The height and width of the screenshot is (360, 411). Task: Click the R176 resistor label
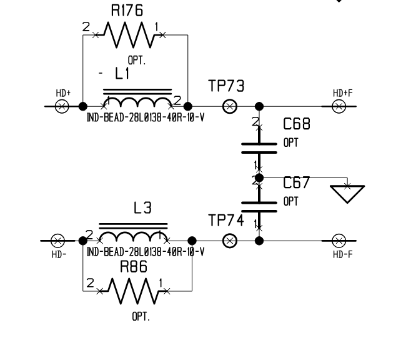coord(127,10)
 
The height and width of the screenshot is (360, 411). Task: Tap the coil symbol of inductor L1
coord(137,102)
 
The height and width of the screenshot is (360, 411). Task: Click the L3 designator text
coord(143,209)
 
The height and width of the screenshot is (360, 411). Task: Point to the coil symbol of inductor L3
coord(133,236)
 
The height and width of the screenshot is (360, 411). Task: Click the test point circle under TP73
coord(230,106)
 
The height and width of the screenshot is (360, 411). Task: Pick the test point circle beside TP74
coord(230,241)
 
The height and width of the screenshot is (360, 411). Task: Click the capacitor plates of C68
coord(259,147)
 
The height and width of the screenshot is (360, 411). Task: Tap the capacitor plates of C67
coord(259,206)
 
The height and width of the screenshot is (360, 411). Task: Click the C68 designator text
coord(297,124)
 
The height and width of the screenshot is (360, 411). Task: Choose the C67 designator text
coord(297,183)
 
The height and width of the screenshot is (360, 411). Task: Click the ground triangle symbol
coord(347,193)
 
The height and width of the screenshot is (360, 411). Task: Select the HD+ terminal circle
coord(62,106)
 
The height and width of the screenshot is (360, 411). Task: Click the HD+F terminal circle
coord(339,106)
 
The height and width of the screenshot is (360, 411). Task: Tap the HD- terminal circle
coord(57,241)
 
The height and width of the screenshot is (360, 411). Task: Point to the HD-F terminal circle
coord(339,241)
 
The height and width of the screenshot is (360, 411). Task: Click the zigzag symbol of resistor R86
coord(133,289)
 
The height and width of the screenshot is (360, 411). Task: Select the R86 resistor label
coord(135,267)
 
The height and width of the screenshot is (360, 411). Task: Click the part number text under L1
coord(145,118)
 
